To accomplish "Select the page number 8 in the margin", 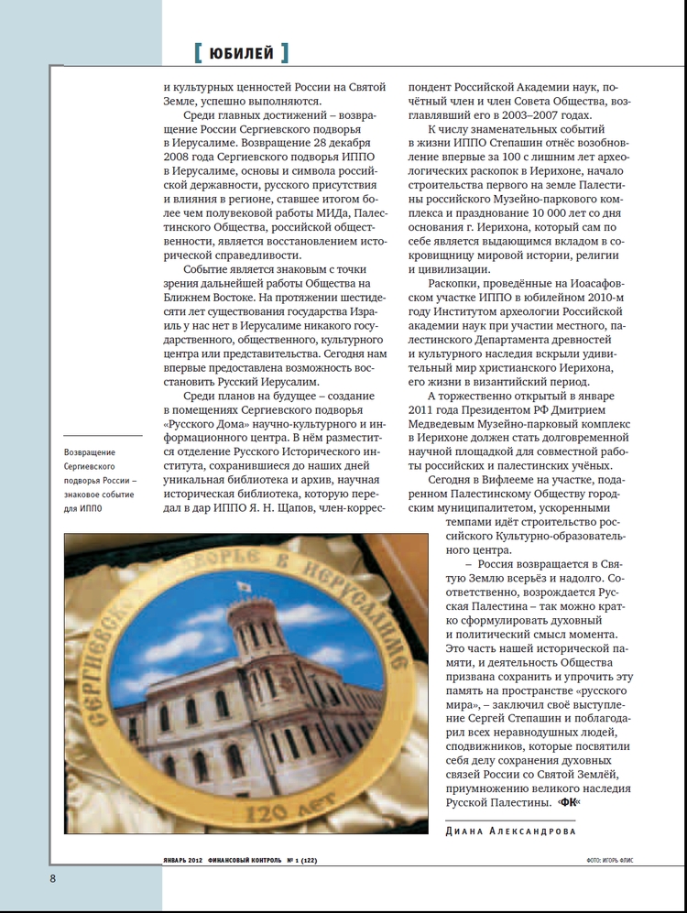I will pos(53,879).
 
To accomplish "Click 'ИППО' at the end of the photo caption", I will pos(91,509).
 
